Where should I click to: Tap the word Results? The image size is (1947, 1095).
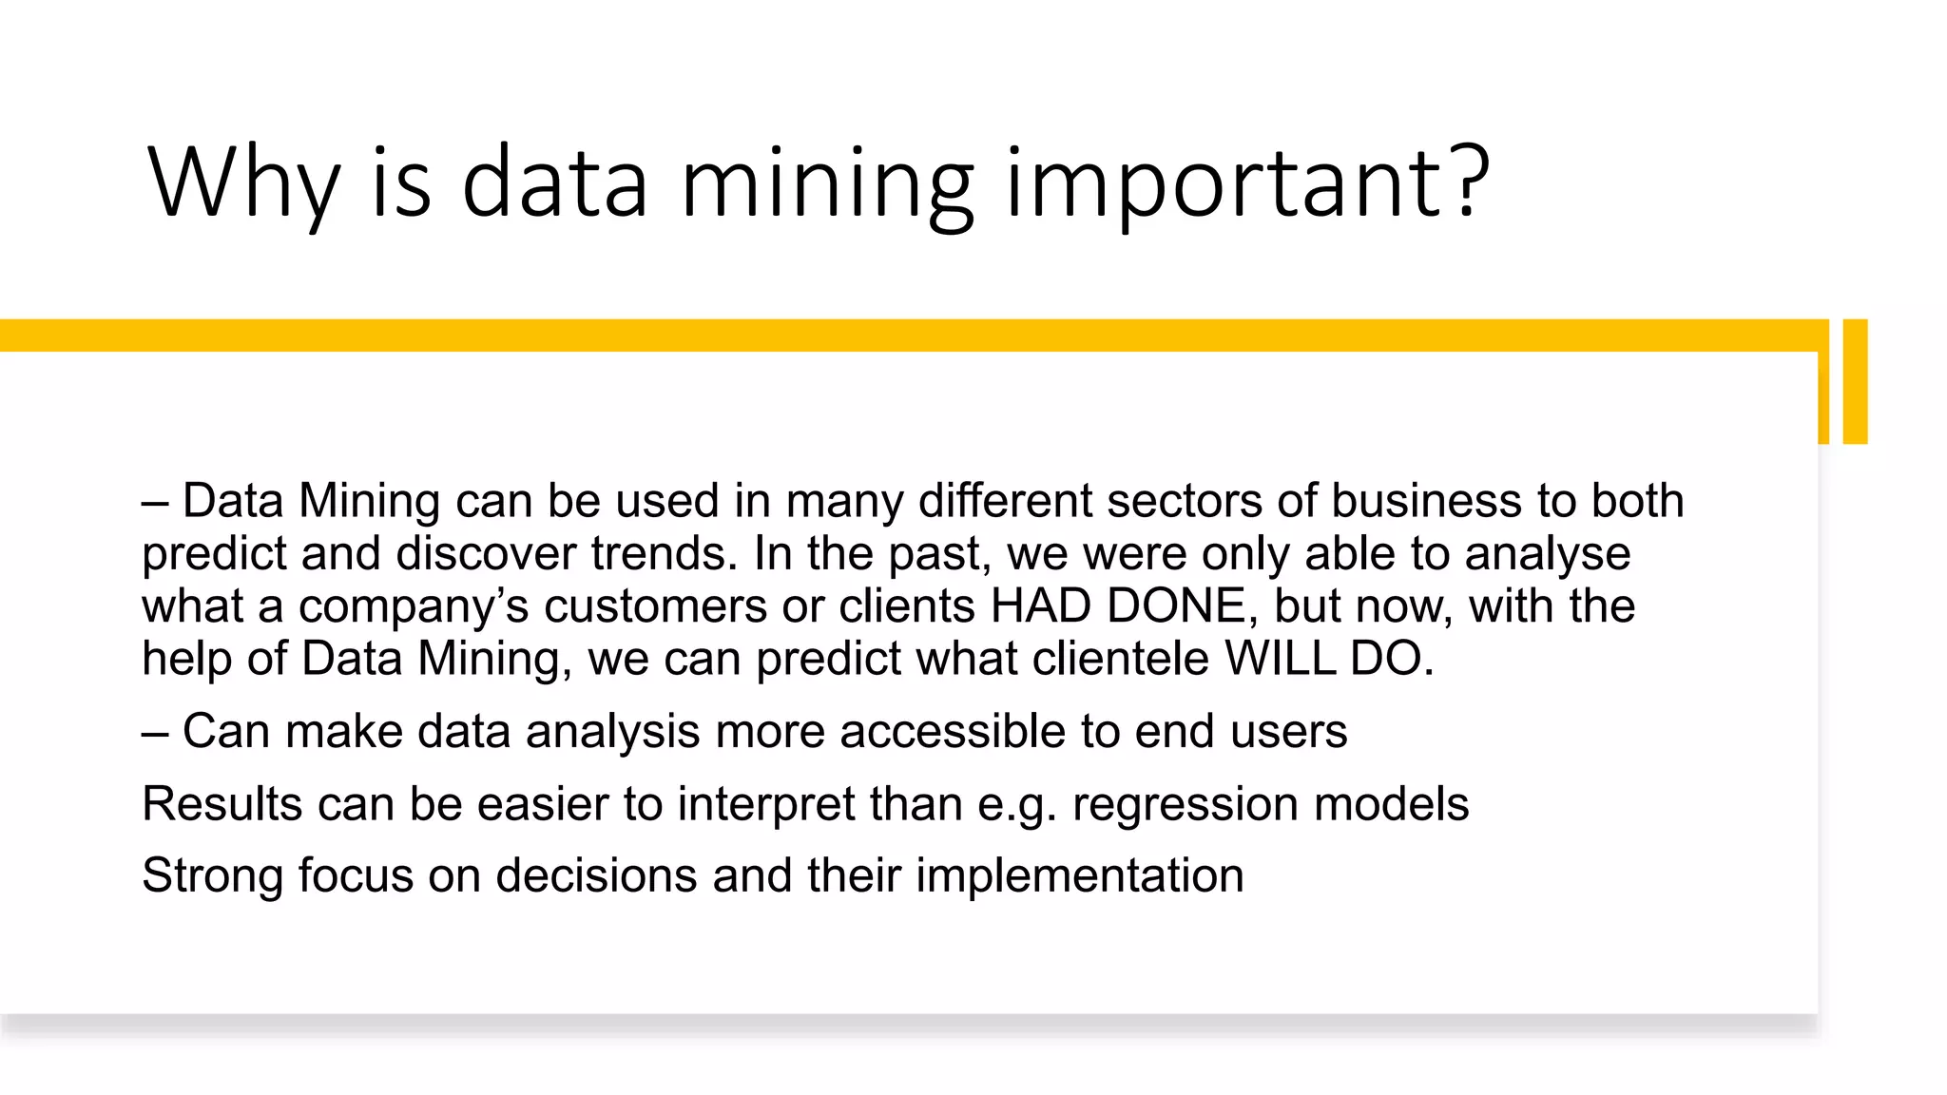click(222, 804)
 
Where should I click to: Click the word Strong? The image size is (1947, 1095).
click(212, 875)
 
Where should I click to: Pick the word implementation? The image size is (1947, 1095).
click(1080, 875)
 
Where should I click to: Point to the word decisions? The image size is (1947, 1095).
click(596, 875)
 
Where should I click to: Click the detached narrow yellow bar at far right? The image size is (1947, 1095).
click(1855, 381)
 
